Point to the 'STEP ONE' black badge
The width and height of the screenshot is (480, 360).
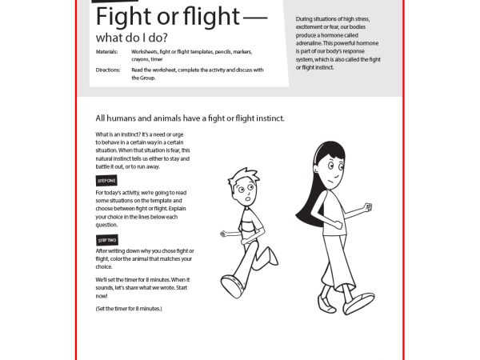pyautogui.click(x=106, y=182)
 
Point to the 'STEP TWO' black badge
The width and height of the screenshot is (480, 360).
pyautogui.click(x=106, y=239)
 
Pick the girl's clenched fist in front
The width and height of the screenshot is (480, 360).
pyautogui.click(x=367, y=208)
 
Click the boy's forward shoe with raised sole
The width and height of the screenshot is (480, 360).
pyautogui.click(x=230, y=285)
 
